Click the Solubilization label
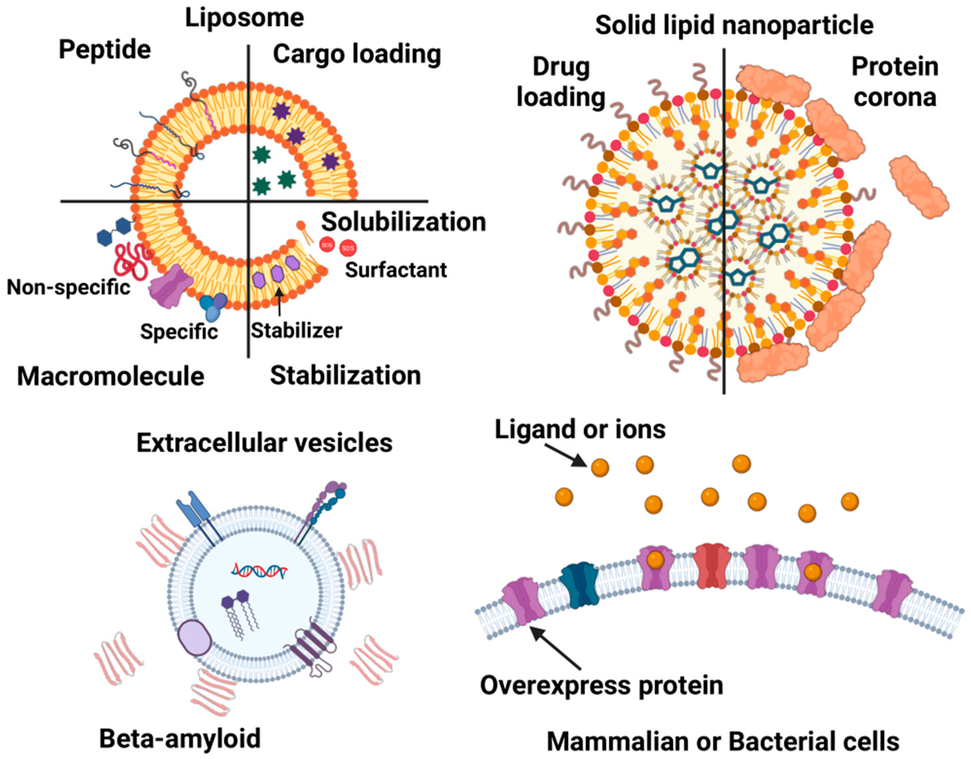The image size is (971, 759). click(x=403, y=222)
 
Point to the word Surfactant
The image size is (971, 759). click(x=396, y=270)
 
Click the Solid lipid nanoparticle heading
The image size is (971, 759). click(x=734, y=25)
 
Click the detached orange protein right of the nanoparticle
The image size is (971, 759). click(x=919, y=187)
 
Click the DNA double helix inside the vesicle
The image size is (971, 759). click(x=259, y=570)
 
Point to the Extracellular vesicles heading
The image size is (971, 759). click(x=264, y=443)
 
